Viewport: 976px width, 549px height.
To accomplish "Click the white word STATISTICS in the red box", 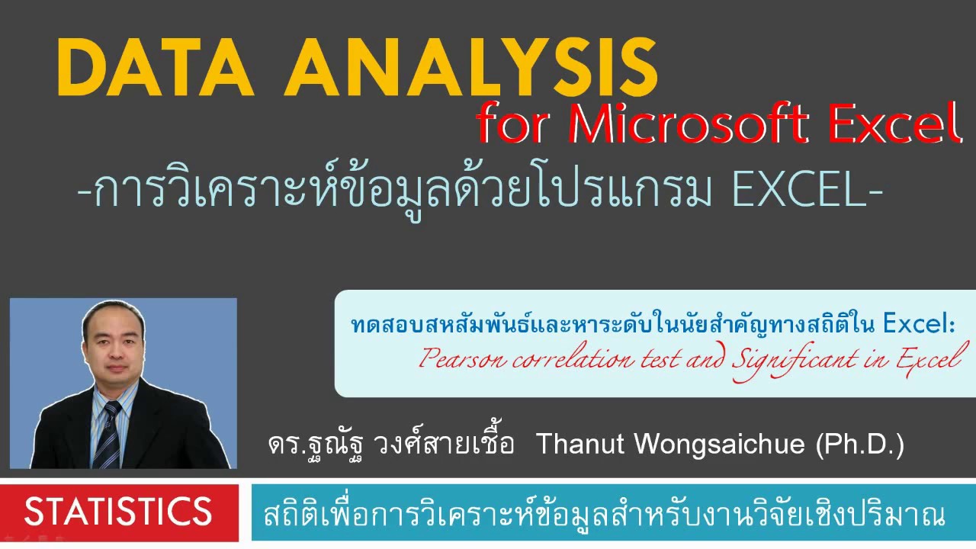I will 118,512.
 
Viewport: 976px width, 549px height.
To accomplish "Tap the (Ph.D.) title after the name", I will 859,444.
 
